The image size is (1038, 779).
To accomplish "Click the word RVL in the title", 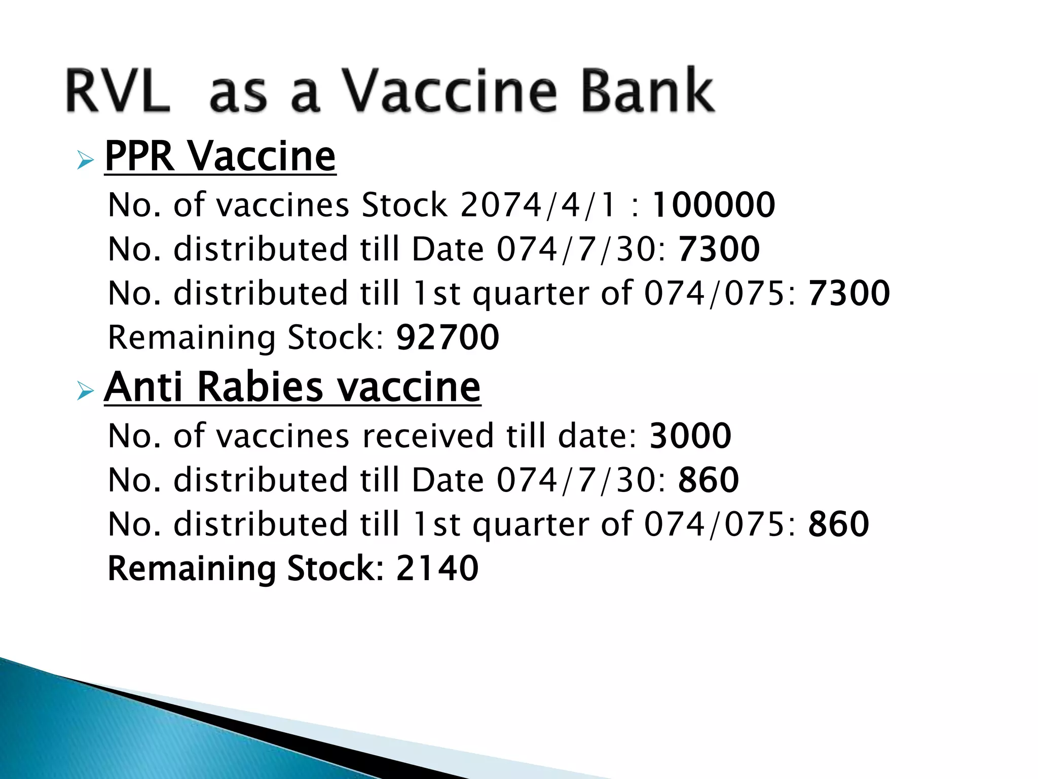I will [118, 91].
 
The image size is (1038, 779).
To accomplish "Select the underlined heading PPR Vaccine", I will [220, 157].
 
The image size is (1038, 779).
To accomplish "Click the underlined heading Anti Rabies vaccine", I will [292, 387].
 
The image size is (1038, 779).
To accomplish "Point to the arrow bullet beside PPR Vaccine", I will [86, 161].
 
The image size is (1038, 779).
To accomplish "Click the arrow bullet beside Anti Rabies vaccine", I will [86, 391].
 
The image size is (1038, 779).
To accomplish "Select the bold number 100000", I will [713, 205].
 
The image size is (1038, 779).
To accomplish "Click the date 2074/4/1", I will [538, 205].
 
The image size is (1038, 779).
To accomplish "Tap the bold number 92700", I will [448, 338].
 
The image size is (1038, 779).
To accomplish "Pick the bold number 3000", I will [690, 436].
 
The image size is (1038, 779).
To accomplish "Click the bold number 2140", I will [437, 569].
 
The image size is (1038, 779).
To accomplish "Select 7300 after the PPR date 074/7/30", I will [719, 250].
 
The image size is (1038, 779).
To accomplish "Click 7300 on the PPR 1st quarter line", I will [849, 294].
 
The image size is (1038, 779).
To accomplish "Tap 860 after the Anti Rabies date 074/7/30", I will [709, 480].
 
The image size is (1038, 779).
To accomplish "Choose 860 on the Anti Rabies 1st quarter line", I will [839, 524].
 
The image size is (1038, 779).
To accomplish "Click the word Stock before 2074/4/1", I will [404, 205].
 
